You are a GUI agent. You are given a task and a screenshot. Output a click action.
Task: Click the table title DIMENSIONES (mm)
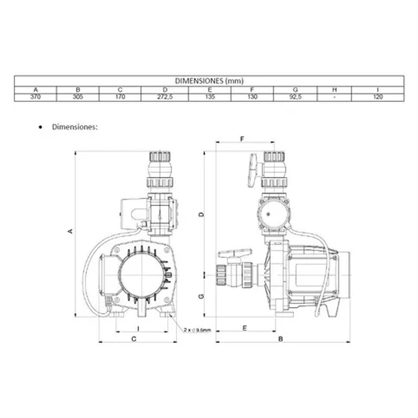[209, 81]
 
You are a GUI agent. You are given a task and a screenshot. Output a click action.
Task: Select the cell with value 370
[36, 97]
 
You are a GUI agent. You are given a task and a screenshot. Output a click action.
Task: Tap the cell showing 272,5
[165, 97]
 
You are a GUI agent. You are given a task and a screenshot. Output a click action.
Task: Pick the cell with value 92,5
[295, 97]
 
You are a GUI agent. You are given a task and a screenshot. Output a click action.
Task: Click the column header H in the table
[334, 90]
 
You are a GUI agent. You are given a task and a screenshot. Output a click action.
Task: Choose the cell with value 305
[78, 97]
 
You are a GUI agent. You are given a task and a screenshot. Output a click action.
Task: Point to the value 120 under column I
[378, 97]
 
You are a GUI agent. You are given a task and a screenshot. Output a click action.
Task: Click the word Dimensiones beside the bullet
[75, 127]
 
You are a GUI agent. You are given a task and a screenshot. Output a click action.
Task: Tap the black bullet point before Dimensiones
[41, 127]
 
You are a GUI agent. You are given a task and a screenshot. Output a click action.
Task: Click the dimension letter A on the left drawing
[70, 231]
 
